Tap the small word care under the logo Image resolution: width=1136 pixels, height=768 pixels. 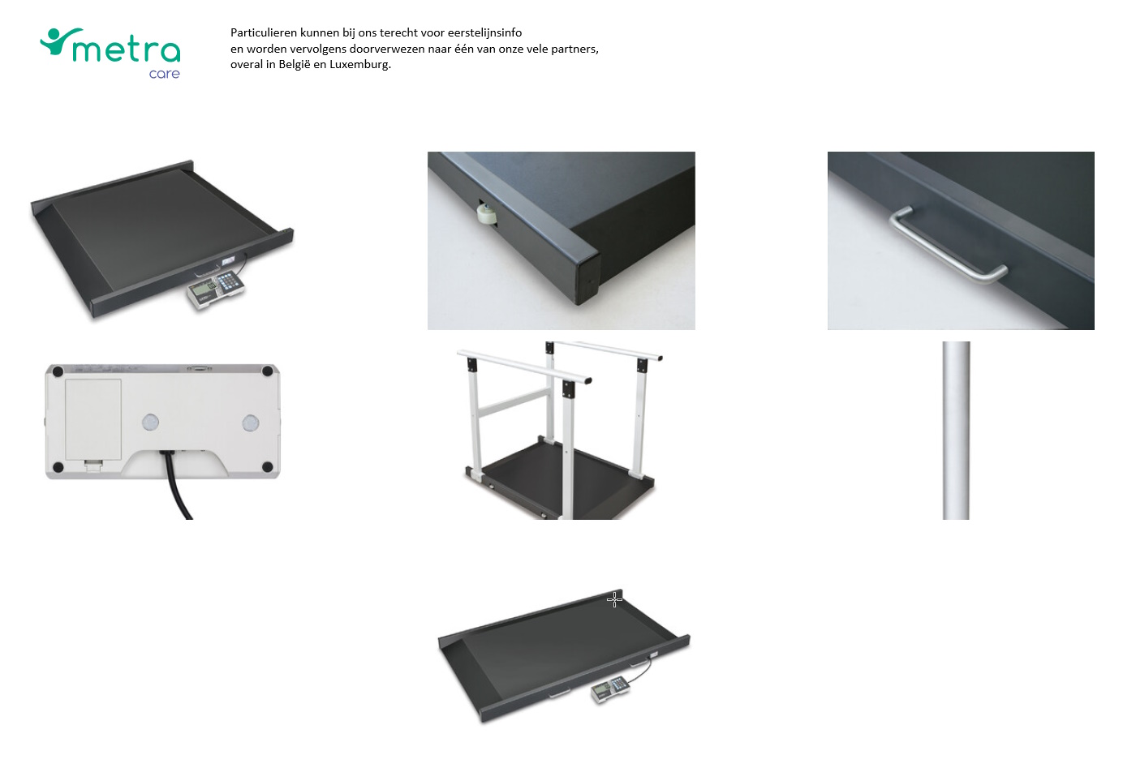pyautogui.click(x=164, y=74)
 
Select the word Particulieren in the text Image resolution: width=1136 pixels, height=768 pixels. pyautogui.click(x=264, y=33)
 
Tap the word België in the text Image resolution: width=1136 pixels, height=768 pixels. pyautogui.click(x=295, y=65)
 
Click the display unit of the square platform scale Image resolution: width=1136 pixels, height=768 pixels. pyautogui.click(x=215, y=289)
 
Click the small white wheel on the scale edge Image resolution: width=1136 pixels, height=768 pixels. pyautogui.click(x=488, y=215)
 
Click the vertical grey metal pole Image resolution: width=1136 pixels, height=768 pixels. pyautogui.click(x=956, y=430)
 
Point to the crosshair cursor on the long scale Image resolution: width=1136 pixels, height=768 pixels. pyautogui.click(x=614, y=599)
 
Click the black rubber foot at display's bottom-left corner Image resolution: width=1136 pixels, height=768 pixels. pyautogui.click(x=58, y=467)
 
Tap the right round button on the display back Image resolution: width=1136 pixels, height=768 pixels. pyautogui.click(x=251, y=423)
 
